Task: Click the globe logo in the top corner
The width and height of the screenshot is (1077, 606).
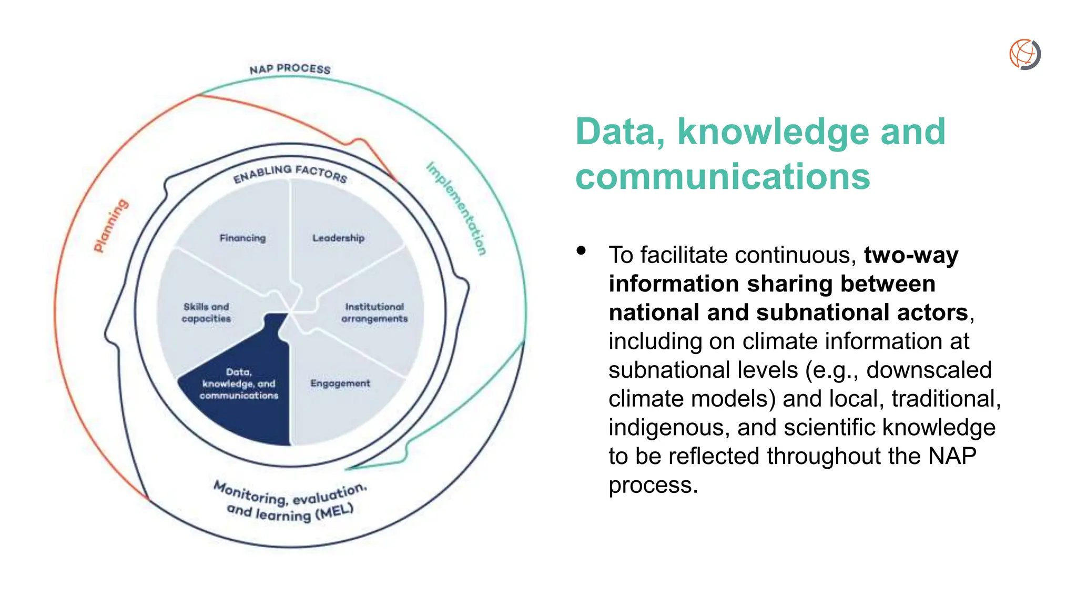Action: click(x=1025, y=54)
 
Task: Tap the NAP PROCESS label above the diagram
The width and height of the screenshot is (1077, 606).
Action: click(x=290, y=69)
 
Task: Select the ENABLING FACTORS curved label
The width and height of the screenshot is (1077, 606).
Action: click(x=290, y=174)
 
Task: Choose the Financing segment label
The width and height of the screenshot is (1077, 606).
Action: click(x=242, y=238)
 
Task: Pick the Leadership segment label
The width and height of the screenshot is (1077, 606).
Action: click(x=338, y=238)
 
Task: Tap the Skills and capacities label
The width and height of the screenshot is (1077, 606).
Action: click(x=206, y=312)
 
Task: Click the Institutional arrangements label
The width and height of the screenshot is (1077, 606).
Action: click(x=374, y=312)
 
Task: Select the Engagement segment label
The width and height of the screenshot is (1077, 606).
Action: click(x=340, y=383)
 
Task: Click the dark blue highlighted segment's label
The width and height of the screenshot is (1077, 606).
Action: click(x=239, y=384)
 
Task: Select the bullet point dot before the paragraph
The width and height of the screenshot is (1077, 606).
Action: click(x=581, y=250)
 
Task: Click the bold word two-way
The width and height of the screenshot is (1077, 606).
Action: click(x=911, y=255)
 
